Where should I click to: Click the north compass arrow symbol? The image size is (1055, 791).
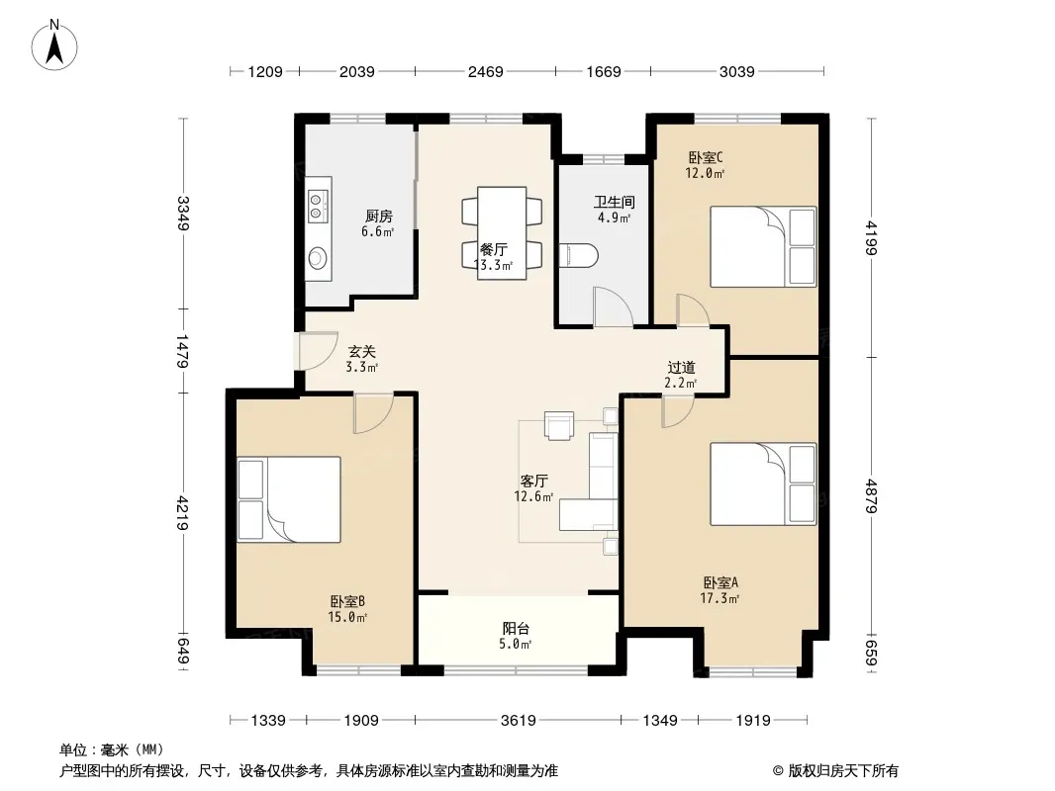click(54, 44)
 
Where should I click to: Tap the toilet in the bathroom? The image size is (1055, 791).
click(578, 255)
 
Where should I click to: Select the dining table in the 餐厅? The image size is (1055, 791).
click(501, 232)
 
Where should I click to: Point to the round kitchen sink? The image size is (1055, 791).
click(318, 257)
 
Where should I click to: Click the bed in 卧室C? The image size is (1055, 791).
click(763, 246)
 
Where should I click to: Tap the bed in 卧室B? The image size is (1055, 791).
click(289, 499)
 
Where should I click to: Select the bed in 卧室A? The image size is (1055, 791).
click(763, 483)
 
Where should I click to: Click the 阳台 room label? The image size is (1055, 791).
click(516, 629)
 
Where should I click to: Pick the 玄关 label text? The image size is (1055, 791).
click(361, 351)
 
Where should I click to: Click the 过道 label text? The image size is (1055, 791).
click(681, 367)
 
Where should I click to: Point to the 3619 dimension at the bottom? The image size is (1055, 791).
click(518, 721)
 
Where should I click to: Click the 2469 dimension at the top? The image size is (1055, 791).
click(485, 71)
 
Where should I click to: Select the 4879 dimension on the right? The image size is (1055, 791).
click(871, 496)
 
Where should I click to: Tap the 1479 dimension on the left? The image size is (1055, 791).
click(182, 351)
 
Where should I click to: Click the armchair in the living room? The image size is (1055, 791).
click(559, 425)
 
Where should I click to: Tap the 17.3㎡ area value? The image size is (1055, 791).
click(719, 598)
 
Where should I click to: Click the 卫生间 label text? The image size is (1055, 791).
click(615, 202)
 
